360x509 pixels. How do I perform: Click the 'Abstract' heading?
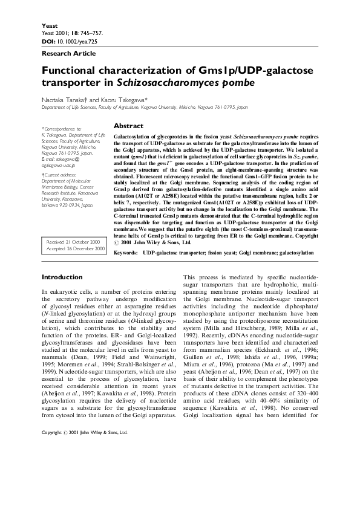click(x=128, y=126)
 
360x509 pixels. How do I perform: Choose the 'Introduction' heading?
click(x=62, y=277)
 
